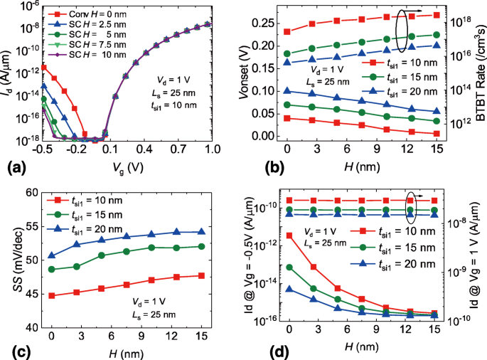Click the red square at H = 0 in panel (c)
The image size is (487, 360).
52,295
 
